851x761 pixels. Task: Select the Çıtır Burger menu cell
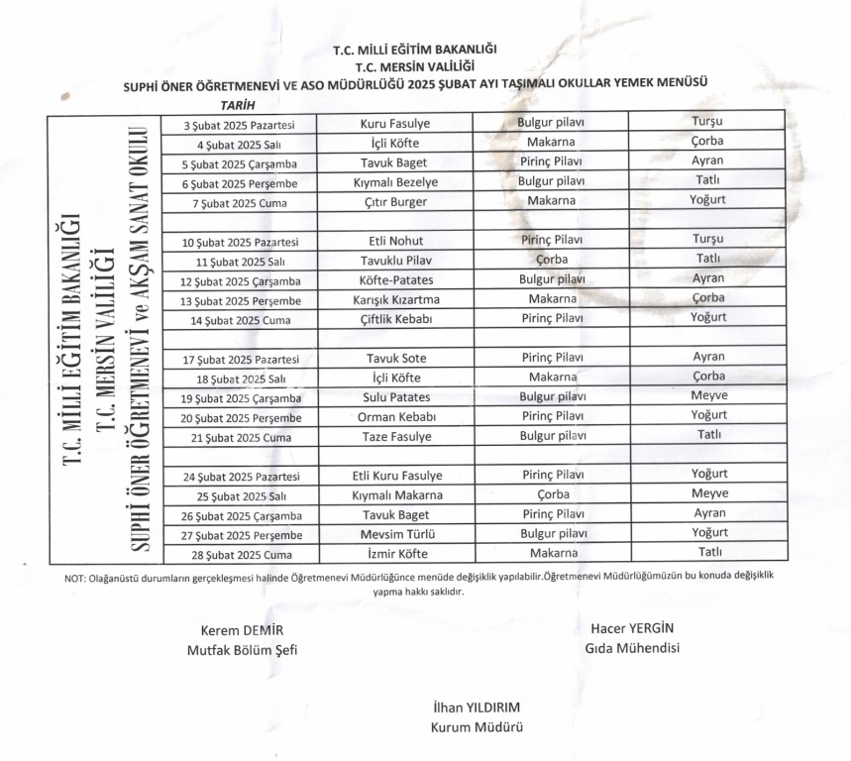point(395,201)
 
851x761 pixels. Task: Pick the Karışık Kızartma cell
point(395,299)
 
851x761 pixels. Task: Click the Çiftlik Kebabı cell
point(395,318)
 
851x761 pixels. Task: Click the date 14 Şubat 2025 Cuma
point(238,319)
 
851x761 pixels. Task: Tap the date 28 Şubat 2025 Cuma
point(238,554)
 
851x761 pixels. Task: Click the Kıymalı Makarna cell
point(395,494)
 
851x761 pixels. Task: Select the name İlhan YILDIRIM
point(477,708)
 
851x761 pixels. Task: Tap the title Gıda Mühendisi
point(632,649)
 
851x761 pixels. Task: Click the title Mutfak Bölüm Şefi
point(242,651)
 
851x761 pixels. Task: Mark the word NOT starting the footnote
point(74,579)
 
